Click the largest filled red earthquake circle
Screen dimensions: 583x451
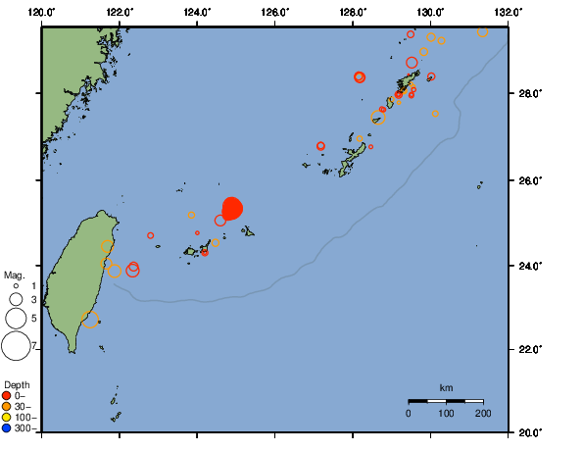tap(232, 208)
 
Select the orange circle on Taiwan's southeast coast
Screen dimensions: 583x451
tap(90, 320)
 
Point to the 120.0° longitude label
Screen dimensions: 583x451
tap(42, 12)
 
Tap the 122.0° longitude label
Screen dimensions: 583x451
tap(120, 12)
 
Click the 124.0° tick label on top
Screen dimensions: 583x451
tap(197, 12)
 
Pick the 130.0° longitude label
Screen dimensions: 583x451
tap(430, 12)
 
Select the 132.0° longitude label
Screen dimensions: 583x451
tap(507, 12)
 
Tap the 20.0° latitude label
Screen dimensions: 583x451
tap(530, 431)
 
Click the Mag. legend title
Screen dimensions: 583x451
tap(14, 276)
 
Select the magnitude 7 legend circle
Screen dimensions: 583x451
tap(16, 346)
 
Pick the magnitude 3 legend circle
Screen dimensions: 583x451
tap(16, 299)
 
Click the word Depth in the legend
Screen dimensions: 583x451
tap(17, 383)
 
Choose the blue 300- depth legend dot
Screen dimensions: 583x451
tap(7, 428)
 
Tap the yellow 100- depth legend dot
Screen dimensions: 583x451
tap(7, 418)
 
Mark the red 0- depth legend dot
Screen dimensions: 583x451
tap(7, 396)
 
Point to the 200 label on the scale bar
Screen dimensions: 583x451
tap(483, 415)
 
